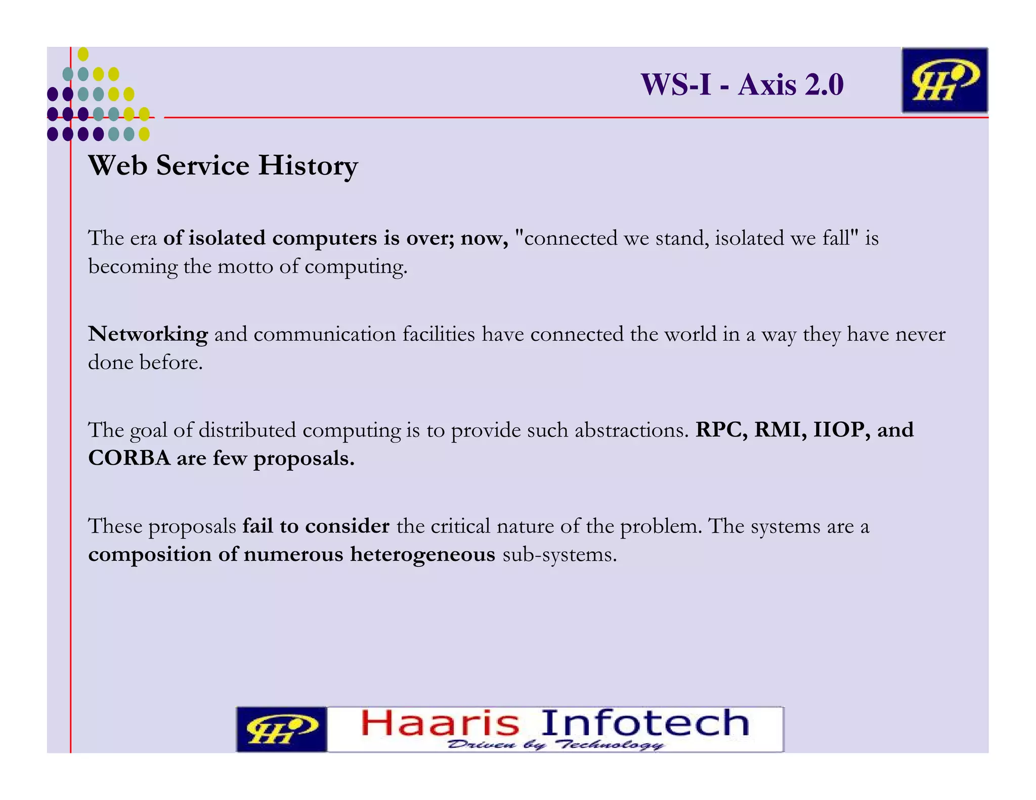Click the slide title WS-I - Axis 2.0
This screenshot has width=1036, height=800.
pyautogui.click(x=742, y=84)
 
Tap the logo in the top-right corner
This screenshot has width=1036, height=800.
pyautogui.click(x=944, y=80)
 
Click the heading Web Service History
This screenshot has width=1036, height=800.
pyautogui.click(x=223, y=165)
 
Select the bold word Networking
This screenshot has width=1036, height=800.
pyautogui.click(x=148, y=334)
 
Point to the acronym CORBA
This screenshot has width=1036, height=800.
pyautogui.click(x=129, y=458)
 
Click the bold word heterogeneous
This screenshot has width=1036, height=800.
pyautogui.click(x=422, y=554)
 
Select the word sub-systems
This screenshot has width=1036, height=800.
pyautogui.click(x=559, y=555)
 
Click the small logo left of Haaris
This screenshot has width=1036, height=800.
pyautogui.click(x=281, y=729)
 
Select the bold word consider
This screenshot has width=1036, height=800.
pyautogui.click(x=347, y=526)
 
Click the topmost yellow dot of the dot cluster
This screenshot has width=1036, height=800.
pyautogui.click(x=83, y=54)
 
